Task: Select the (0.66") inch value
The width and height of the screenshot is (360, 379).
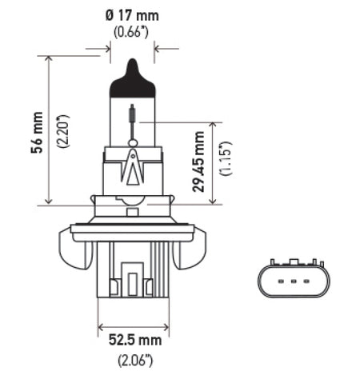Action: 133,33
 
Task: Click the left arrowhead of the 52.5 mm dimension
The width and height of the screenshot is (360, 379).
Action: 102,327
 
